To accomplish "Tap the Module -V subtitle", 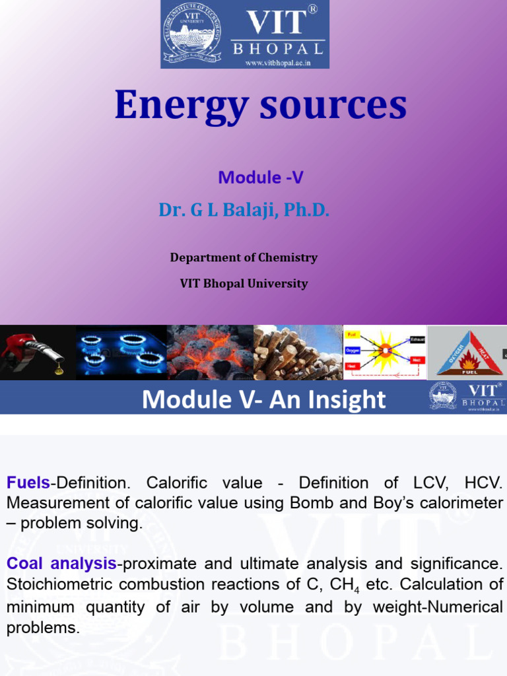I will pos(260,177).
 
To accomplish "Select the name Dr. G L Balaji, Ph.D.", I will pos(244,211).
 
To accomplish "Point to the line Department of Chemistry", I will pos(244,257).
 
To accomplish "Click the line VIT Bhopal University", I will pos(244,284).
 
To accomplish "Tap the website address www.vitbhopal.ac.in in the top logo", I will pos(277,63).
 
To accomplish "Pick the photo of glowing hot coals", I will pos(210,353).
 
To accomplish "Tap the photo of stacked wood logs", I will pos(298,353).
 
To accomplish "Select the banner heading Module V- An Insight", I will pos(263,399).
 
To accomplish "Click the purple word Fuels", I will pos(28,483).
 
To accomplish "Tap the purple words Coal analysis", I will pos(61,564).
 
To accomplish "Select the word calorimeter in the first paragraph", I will pos(462,503).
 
